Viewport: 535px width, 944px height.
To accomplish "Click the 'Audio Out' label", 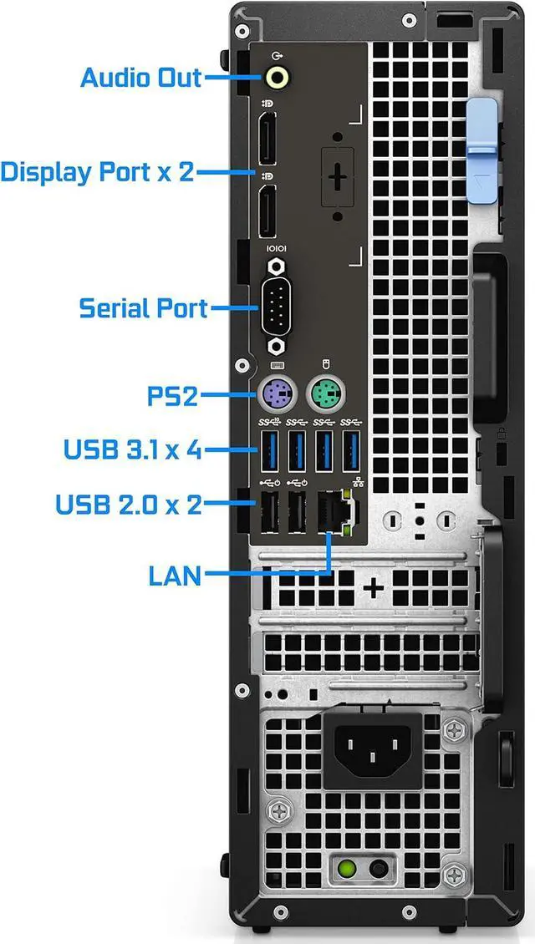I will point(140,78).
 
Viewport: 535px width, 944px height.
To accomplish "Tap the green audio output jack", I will point(278,78).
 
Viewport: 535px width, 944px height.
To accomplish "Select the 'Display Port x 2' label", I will point(97,172).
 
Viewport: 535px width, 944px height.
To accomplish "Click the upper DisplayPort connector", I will point(268,142).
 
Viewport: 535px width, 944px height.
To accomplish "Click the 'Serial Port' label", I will point(143,307).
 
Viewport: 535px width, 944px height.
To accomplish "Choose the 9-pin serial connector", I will point(275,307).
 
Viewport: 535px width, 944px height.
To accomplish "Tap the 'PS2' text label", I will point(173,395).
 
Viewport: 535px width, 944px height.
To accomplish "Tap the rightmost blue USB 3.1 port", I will point(353,451).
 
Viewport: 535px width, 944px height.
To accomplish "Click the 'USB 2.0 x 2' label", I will point(129,505).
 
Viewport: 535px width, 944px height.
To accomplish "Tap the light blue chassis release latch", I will point(482,138).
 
